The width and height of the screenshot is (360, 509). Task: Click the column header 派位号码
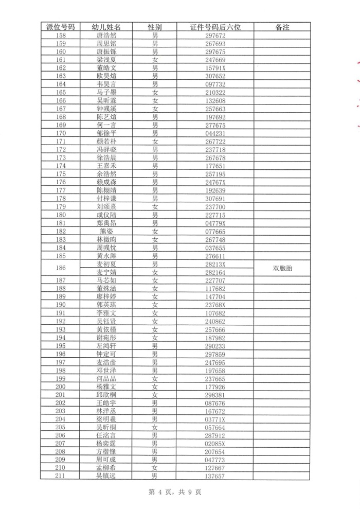pos(61,27)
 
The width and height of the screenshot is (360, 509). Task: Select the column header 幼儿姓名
pos(106,27)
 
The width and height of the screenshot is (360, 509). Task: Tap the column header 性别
pos(155,27)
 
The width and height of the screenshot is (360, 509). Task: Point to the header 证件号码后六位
pos(215,27)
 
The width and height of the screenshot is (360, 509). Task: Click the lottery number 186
pos(61,268)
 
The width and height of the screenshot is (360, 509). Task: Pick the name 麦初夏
pos(106,264)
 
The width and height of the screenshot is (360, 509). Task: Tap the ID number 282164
pos(215,272)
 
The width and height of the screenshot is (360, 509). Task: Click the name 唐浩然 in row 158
pos(106,36)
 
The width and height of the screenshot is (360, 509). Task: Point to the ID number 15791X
pos(215,68)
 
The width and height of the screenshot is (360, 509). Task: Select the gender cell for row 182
pos(155,232)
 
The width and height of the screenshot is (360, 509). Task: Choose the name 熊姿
pos(106,232)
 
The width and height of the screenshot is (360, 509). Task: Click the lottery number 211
pos(61,476)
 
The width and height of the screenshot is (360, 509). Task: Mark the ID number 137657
pos(215,476)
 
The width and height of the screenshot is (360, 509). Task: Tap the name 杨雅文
pos(106,387)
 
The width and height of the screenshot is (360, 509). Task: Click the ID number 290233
pos(215,346)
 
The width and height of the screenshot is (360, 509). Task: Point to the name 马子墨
pos(106,92)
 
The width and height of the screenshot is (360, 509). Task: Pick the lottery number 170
pos(61,133)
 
